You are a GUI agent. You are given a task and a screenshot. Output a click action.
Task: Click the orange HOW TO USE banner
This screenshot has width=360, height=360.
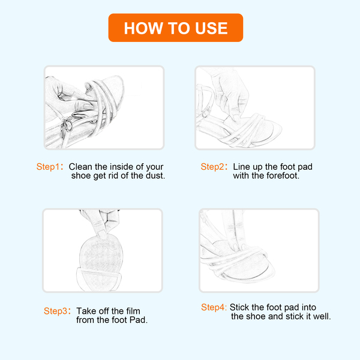[x=176, y=28]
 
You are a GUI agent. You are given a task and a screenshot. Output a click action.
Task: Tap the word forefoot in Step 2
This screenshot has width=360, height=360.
[x=283, y=176]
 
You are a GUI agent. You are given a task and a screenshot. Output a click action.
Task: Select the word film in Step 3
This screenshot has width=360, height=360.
[x=133, y=311]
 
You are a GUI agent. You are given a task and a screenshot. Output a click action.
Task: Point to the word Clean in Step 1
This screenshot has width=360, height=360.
[x=80, y=167]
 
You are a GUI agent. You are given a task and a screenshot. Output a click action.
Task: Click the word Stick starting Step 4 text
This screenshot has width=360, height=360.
[x=239, y=307]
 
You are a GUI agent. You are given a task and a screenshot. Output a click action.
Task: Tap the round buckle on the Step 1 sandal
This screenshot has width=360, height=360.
[x=68, y=126]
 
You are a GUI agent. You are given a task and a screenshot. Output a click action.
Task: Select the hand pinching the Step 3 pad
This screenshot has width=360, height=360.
[x=101, y=222]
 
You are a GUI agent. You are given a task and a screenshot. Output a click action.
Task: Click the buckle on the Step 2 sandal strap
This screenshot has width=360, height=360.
[x=206, y=112]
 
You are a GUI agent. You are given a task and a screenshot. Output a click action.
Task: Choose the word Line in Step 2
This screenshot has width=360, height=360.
[x=241, y=167]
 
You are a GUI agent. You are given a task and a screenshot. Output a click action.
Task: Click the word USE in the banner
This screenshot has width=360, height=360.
[x=211, y=28]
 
